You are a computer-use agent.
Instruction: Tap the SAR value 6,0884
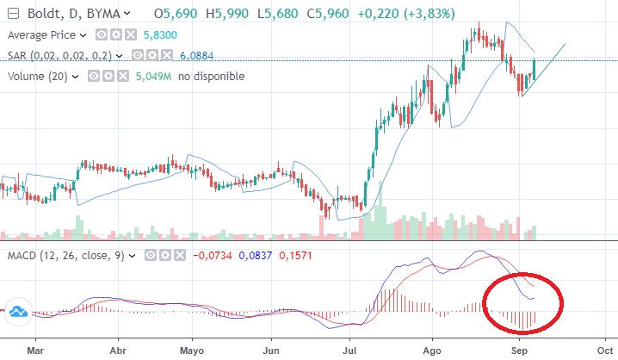pyautogui.click(x=195, y=56)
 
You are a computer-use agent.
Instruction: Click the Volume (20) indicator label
pyautogui.click(x=40, y=77)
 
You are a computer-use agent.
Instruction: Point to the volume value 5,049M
pyautogui.click(x=154, y=77)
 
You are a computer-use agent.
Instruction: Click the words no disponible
pyautogui.click(x=212, y=77)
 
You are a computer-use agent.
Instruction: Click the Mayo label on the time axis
pyautogui.click(x=192, y=351)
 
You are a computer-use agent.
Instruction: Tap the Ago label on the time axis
pyautogui.click(x=433, y=351)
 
